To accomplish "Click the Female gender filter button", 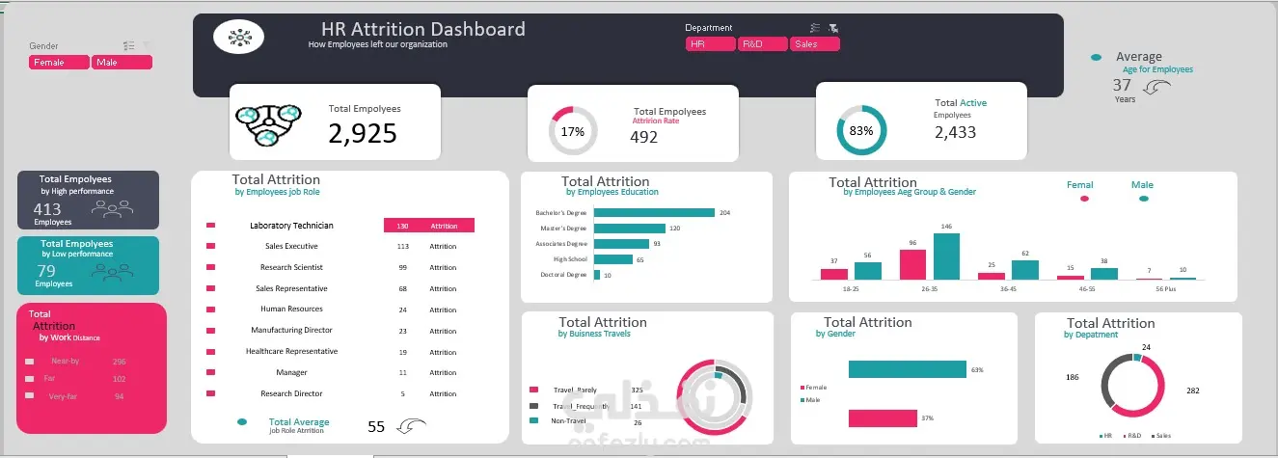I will [x=59, y=63].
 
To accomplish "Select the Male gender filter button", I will [x=122, y=63].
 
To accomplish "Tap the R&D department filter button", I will [x=762, y=44].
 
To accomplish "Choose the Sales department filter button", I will [x=814, y=44].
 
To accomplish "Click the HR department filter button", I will [x=710, y=44].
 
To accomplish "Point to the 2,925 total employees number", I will [x=363, y=133].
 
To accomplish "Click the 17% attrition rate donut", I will [x=573, y=131].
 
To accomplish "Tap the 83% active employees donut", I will [x=860, y=130].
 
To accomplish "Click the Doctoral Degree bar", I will [x=597, y=275].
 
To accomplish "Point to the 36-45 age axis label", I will [x=1008, y=287].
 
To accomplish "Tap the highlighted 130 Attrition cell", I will [x=428, y=226].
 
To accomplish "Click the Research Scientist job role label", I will [x=290, y=267].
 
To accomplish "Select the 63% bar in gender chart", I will [x=907, y=369].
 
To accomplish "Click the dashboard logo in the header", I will [x=238, y=37].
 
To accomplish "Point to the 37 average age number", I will [x=1123, y=85].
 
